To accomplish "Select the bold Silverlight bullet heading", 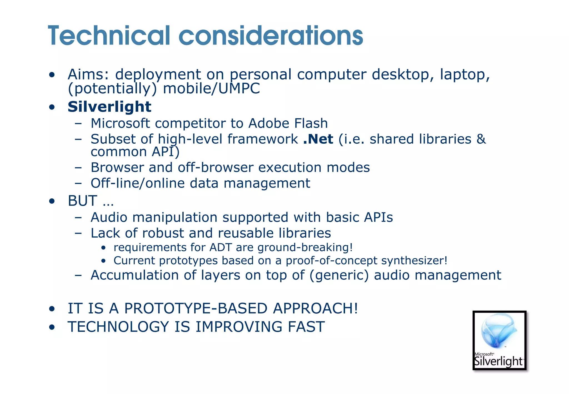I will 109,107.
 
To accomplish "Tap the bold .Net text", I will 318,139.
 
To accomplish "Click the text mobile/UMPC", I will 211,89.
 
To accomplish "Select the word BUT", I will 83,201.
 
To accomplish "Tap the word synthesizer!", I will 414,260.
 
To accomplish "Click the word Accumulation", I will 135,275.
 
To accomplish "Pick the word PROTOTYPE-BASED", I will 196,308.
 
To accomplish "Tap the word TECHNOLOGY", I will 118,326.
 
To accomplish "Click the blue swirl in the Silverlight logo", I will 499,331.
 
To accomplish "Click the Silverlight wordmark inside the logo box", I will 498,361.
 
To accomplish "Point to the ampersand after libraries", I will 481,139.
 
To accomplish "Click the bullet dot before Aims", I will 51,75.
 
